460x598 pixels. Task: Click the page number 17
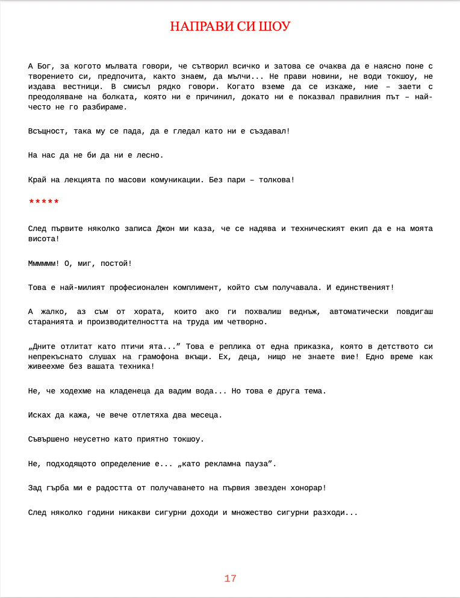tap(230, 579)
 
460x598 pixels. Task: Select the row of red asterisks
tap(44, 202)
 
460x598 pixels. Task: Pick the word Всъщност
tap(48, 131)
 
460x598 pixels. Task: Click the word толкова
tap(275, 180)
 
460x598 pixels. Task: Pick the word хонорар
tap(306, 488)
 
